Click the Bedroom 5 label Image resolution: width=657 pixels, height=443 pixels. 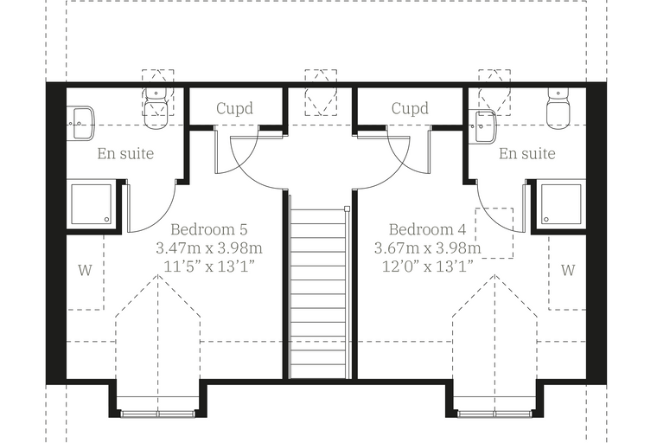click(x=209, y=229)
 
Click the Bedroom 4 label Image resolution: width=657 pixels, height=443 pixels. click(x=427, y=229)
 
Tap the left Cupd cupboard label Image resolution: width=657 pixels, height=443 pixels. click(x=234, y=108)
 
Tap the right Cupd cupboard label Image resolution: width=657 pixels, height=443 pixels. click(x=410, y=108)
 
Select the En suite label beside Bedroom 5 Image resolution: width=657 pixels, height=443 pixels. click(x=125, y=153)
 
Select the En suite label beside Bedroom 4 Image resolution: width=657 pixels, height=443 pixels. click(x=527, y=153)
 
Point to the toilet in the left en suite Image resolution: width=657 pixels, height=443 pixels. click(x=156, y=108)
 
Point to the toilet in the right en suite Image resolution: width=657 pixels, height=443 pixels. click(x=558, y=108)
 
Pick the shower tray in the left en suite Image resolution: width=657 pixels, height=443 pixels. click(x=92, y=204)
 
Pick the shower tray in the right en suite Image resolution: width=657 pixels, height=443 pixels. click(x=561, y=204)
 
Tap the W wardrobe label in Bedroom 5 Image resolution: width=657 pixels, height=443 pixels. click(x=85, y=270)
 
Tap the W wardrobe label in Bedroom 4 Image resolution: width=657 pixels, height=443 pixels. click(x=568, y=270)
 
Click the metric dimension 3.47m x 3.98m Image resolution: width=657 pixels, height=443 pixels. click(x=209, y=248)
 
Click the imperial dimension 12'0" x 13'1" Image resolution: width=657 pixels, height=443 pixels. click(x=427, y=266)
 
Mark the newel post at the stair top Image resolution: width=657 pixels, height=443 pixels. click(x=347, y=209)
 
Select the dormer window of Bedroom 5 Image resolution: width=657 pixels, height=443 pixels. click(x=158, y=414)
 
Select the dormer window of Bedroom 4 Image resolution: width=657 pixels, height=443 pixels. click(x=494, y=414)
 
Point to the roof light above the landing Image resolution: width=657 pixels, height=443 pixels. click(x=321, y=93)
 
